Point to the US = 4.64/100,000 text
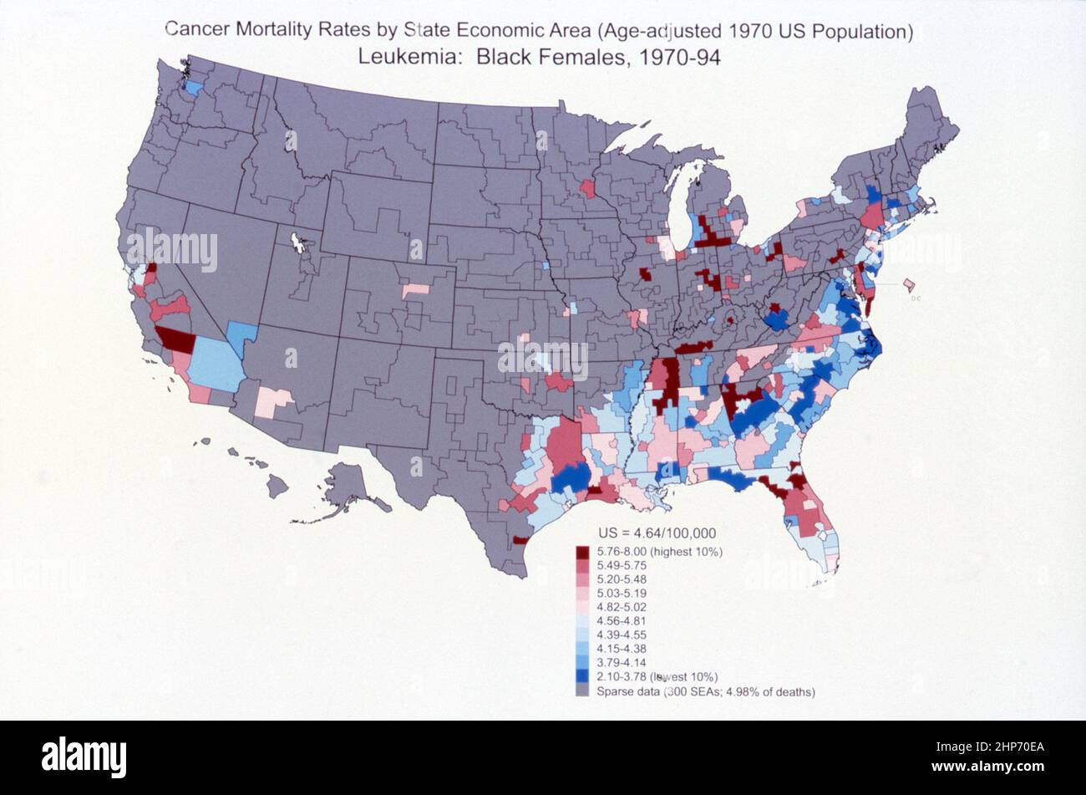(657, 533)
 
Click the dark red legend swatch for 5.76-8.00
(582, 552)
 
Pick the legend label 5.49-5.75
(622, 565)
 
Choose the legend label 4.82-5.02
(622, 607)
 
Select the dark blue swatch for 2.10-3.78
(582, 676)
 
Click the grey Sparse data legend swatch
(582, 691)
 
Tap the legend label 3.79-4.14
(622, 662)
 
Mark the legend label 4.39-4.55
(622, 634)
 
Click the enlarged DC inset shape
(908, 286)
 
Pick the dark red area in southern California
(176, 339)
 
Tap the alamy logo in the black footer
(84, 757)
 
